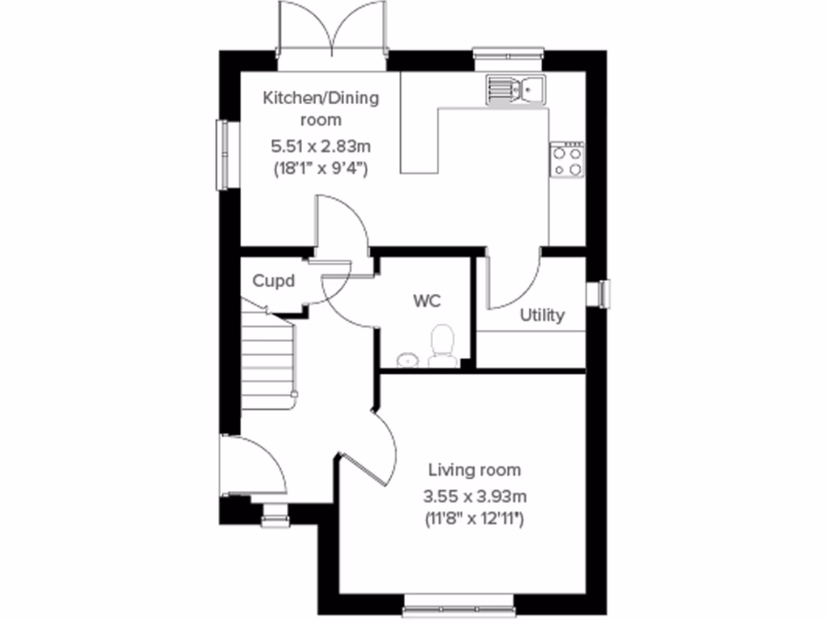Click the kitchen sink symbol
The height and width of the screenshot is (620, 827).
coord(515,88)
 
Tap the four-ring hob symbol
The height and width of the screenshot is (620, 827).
coord(567,159)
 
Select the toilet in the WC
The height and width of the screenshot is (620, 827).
coord(442,346)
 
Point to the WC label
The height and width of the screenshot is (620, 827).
coord(426,302)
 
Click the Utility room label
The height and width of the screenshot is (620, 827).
coord(542,316)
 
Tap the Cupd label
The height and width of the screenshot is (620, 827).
coord(274,282)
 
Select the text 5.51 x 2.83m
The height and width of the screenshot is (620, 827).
coord(321,147)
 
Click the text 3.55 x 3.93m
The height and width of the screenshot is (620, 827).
coord(474,496)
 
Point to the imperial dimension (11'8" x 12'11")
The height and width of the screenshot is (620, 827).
coord(474,520)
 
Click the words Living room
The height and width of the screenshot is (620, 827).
coord(474,470)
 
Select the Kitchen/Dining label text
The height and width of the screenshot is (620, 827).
coord(321,98)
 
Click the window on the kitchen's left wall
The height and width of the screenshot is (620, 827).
coord(221,155)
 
